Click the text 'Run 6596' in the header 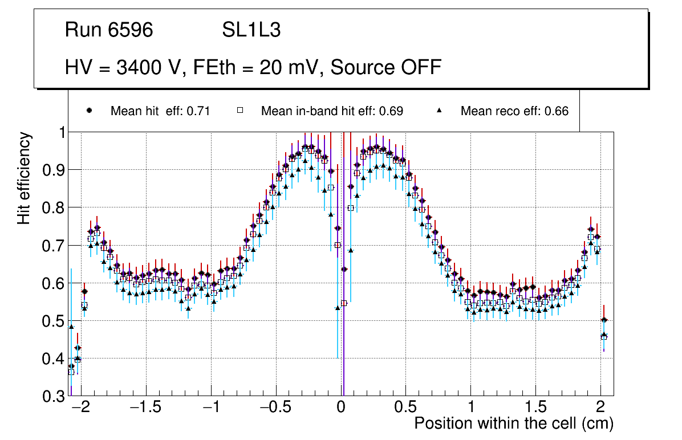click(109, 30)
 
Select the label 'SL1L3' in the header click(251, 30)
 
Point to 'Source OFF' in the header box click(386, 67)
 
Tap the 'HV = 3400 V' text click(124, 67)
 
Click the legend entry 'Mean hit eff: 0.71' click(160, 111)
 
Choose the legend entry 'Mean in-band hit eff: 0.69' click(332, 111)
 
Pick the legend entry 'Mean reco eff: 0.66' click(514, 111)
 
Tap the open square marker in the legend click(240, 111)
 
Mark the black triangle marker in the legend click(440, 111)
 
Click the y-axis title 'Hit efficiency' click(24, 178)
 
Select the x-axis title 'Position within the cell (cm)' click(513, 423)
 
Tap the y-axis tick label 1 click(59, 132)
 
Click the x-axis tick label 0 click(341, 408)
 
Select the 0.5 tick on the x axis click(405, 408)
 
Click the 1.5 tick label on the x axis click(535, 408)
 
